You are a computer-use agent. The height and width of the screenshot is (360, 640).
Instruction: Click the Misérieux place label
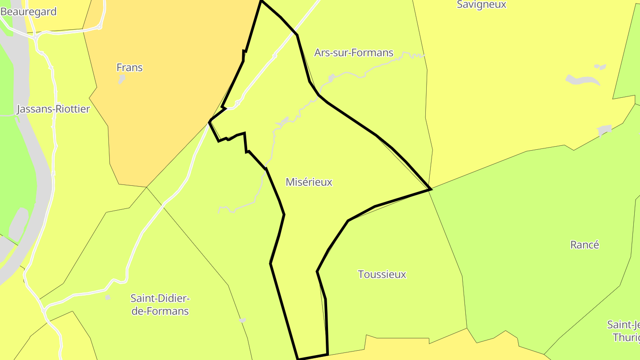tap(309, 182)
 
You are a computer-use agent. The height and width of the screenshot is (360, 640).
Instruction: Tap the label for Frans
tap(129, 68)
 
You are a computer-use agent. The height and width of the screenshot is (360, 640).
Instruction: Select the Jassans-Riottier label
tap(53, 109)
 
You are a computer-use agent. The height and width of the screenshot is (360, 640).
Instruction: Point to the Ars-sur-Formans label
tap(354, 53)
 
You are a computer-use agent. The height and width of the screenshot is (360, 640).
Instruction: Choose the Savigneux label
tap(481, 5)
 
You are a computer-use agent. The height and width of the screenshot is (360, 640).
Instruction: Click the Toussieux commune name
tap(382, 274)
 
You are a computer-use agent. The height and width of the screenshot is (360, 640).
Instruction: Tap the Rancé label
tap(584, 245)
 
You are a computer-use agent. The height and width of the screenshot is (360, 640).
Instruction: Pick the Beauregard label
tap(29, 12)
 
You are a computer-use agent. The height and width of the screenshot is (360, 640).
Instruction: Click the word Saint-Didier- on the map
tap(160, 298)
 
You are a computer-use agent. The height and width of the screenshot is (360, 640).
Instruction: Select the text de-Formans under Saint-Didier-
tap(160, 311)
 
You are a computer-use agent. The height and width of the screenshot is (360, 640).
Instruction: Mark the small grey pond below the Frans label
tap(121, 80)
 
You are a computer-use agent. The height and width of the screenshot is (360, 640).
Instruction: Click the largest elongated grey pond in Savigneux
tap(583, 80)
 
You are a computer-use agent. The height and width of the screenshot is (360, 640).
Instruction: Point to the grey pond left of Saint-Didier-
tap(108, 297)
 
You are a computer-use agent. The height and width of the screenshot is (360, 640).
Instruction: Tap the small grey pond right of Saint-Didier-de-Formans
tap(242, 320)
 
